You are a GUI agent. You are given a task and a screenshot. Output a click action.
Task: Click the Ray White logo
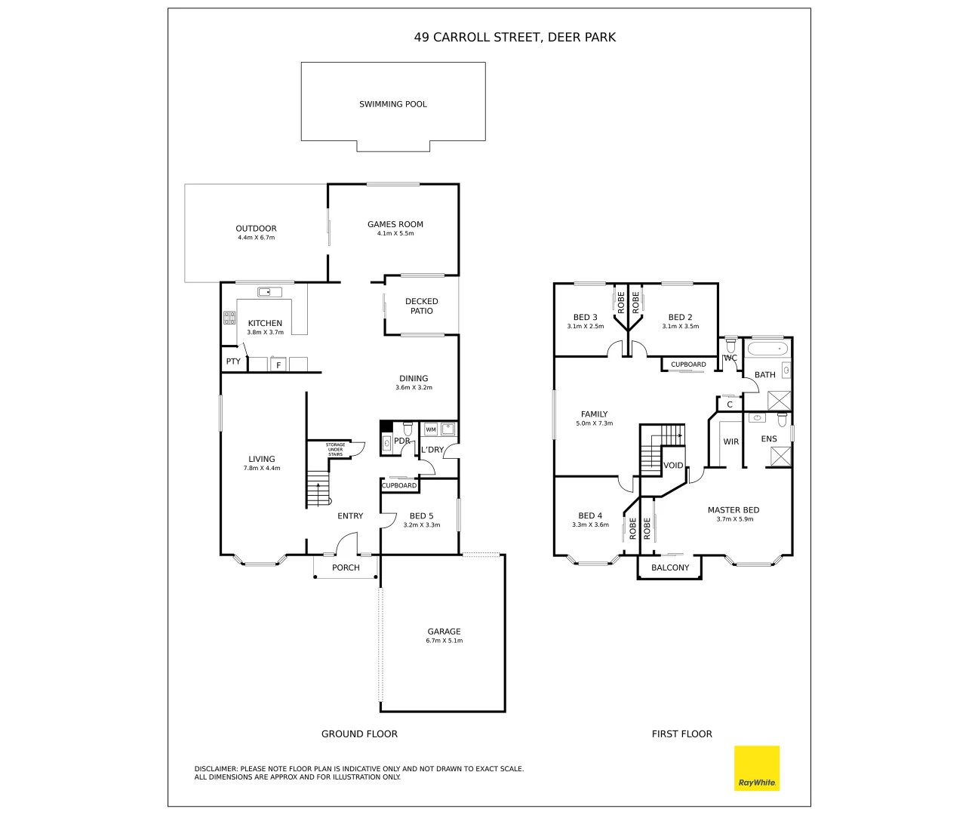[x=756, y=768]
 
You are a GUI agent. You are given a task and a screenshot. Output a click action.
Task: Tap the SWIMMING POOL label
[x=392, y=104]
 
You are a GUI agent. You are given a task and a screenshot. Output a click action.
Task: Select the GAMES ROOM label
[x=395, y=224]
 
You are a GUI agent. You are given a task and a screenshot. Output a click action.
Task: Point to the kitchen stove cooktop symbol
[x=229, y=318]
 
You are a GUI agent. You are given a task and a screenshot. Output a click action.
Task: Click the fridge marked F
[x=278, y=365]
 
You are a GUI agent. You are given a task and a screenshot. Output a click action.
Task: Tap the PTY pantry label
[x=233, y=361]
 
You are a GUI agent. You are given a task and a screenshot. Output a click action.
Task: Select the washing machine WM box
[x=430, y=429]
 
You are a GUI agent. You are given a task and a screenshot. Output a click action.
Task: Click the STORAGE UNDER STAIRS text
[x=335, y=450]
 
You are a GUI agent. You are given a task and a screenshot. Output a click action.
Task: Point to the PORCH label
[x=346, y=567]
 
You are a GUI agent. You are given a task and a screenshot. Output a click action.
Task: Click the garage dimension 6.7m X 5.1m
[x=444, y=641]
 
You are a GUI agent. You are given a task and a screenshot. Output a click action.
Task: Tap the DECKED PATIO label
[x=421, y=306]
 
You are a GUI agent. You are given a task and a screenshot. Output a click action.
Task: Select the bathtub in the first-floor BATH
[x=767, y=349]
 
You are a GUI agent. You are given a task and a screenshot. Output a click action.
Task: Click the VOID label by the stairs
[x=673, y=466]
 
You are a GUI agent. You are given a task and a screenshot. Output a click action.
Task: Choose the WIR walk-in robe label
[x=730, y=441]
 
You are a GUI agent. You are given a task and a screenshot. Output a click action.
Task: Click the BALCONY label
[x=669, y=567]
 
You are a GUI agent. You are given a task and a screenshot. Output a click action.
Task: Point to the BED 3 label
[x=585, y=318]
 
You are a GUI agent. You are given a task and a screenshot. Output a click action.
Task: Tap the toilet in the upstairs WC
[x=730, y=346]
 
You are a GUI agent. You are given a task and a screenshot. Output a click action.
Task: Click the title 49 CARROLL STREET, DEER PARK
[x=514, y=37]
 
